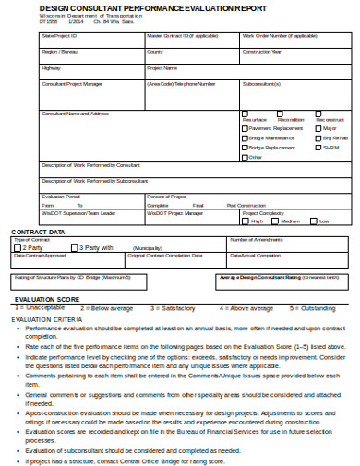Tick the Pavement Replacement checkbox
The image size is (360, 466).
[245, 128]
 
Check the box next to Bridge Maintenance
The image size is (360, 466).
[245, 137]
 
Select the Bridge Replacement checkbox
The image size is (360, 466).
[245, 148]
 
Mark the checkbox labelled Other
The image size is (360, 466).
[245, 157]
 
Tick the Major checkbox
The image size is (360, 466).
[318, 128]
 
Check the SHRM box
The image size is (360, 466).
[318, 148]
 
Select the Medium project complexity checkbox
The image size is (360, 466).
[277, 221]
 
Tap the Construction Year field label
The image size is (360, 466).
[263, 52]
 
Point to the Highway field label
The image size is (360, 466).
[51, 67]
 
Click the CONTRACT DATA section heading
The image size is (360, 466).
[38, 232]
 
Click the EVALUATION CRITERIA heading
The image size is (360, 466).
[47, 318]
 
